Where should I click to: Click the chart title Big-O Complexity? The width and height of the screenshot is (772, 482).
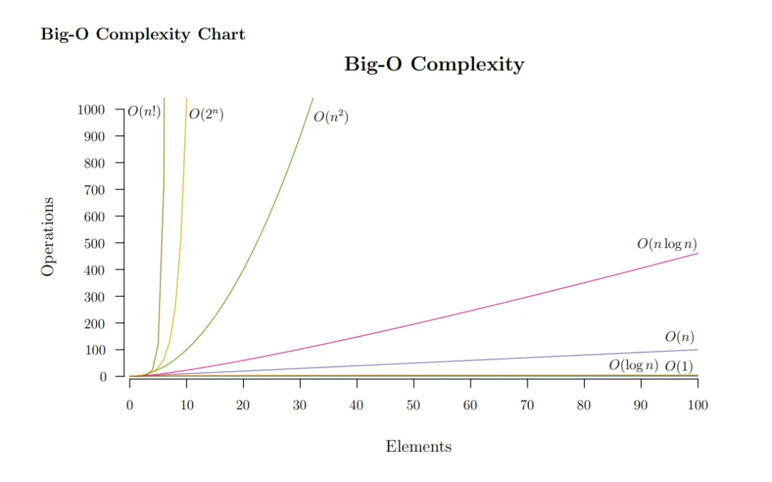click(x=434, y=64)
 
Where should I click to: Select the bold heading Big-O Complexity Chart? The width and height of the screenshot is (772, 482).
click(x=143, y=34)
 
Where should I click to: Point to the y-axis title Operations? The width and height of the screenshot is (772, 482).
click(x=48, y=237)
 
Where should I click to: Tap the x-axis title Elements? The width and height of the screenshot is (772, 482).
click(x=419, y=447)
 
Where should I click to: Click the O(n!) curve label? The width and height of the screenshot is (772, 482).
click(x=144, y=112)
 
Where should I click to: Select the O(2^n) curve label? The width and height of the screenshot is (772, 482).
click(x=207, y=114)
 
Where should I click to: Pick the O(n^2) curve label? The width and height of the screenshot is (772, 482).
click(x=331, y=117)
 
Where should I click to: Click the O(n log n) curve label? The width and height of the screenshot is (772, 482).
click(x=667, y=245)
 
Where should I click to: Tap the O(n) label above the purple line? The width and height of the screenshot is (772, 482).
click(x=680, y=337)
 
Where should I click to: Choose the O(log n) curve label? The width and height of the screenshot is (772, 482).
click(x=633, y=365)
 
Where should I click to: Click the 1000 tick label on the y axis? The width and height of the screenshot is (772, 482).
click(x=91, y=109)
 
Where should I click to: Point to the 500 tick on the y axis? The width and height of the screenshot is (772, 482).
click(x=94, y=243)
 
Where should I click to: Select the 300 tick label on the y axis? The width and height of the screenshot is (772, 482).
click(x=94, y=297)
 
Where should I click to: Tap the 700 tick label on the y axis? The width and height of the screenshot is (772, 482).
click(x=94, y=190)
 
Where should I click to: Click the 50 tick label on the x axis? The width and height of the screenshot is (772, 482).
click(x=413, y=405)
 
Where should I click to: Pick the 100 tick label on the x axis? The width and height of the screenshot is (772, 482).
click(x=698, y=405)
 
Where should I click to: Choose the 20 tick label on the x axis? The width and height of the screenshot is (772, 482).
click(x=243, y=405)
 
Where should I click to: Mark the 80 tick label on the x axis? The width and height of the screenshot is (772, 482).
click(x=584, y=405)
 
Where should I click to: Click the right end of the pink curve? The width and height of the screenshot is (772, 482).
click(x=697, y=254)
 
